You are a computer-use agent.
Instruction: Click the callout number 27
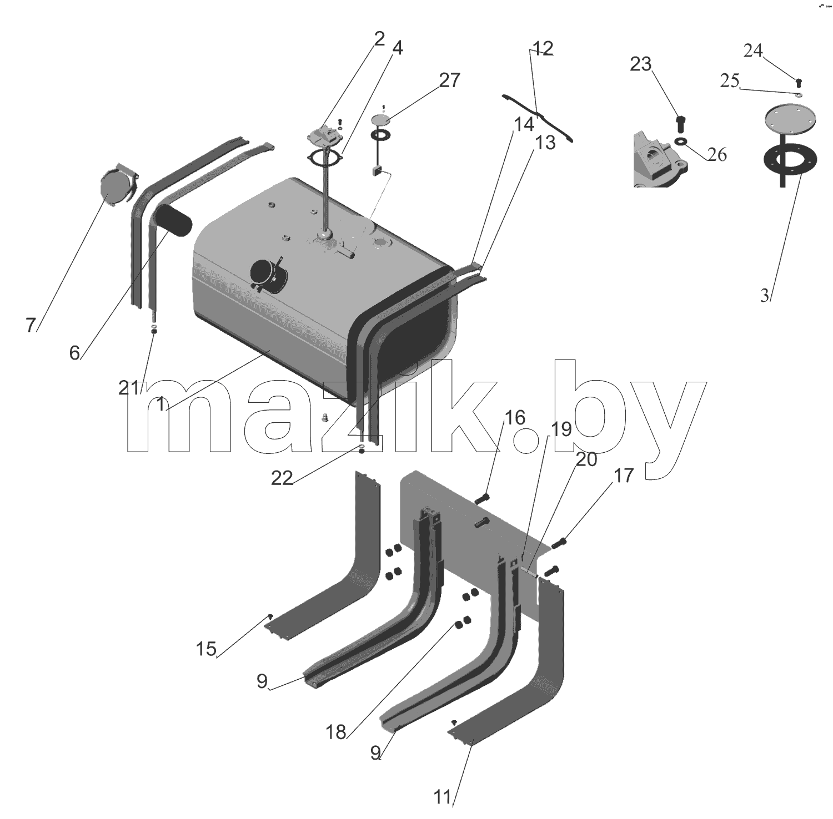(449, 80)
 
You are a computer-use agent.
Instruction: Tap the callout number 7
(31, 325)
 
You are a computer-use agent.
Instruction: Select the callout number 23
(640, 64)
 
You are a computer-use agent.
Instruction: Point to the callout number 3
(765, 296)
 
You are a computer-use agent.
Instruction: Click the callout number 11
(443, 798)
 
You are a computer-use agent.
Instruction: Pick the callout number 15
(206, 649)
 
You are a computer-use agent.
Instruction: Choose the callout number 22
(282, 478)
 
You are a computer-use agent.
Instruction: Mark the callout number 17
(624, 476)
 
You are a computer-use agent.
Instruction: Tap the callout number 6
(74, 352)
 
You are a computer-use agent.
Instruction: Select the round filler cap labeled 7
(118, 185)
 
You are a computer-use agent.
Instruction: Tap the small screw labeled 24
(799, 82)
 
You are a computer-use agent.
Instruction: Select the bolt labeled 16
(481, 499)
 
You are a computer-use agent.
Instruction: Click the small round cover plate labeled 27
(381, 120)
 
